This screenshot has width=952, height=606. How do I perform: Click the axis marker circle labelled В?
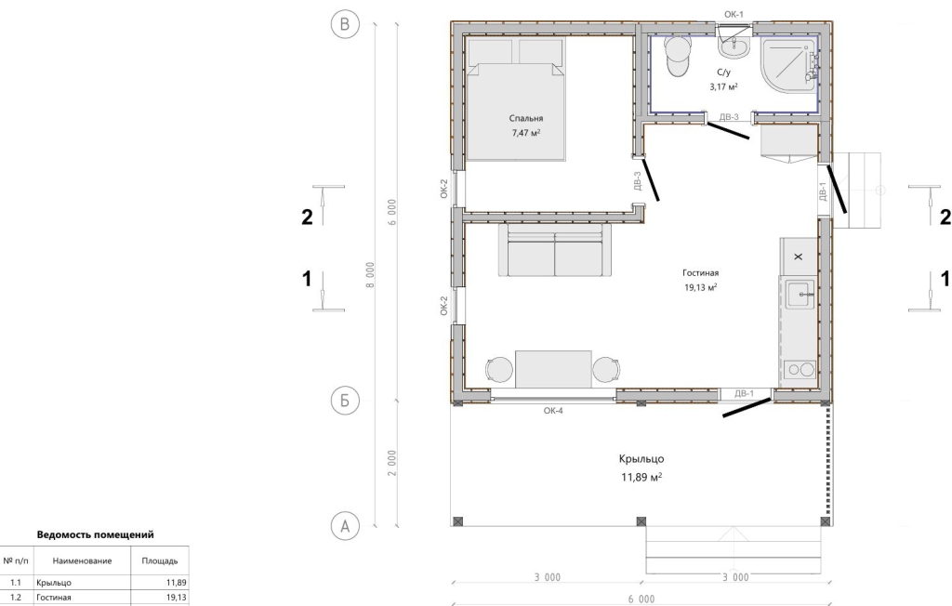coord(345,24)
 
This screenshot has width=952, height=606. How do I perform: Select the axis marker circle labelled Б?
coord(345,401)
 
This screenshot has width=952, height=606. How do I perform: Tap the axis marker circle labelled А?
coord(345,526)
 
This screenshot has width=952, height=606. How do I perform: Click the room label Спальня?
coord(526,118)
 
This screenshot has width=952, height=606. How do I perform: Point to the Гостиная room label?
coord(700,273)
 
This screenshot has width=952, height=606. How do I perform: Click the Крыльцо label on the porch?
coord(641,459)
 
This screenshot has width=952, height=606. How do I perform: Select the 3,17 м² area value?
coord(723,86)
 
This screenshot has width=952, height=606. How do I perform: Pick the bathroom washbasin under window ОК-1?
coord(734,46)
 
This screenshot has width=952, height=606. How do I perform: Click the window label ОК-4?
coord(553,411)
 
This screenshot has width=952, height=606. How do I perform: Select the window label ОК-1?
coord(734,14)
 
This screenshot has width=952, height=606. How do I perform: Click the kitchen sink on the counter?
coord(800,296)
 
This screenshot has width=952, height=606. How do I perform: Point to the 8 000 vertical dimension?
coord(370,274)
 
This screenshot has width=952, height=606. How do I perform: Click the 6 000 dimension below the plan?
coord(641,599)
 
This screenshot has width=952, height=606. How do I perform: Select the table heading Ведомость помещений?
coord(96,535)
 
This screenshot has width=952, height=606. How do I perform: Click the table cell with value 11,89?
coord(176,583)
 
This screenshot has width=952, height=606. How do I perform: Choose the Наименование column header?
coord(82,561)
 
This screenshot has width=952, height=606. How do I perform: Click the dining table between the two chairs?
coord(553,369)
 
